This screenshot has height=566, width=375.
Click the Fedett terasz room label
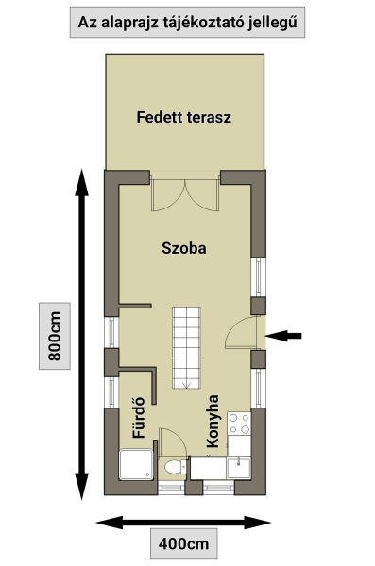183,117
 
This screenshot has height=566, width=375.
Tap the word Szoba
184,248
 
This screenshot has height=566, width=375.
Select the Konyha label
213,422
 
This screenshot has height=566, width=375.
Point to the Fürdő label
139,418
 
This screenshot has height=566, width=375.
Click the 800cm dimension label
55,336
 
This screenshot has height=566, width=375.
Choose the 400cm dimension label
183,543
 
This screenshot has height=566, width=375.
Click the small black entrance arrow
283,336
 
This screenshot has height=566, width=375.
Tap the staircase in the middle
186,347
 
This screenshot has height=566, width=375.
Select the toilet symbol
175,467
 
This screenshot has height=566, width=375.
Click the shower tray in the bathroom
136,464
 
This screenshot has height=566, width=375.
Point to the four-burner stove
239,424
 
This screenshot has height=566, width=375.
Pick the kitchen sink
239,468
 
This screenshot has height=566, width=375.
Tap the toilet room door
172,443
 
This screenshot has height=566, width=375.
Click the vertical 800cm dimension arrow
82,334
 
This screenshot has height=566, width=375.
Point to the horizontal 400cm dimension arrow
183,523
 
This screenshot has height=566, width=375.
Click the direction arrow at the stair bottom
186,385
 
